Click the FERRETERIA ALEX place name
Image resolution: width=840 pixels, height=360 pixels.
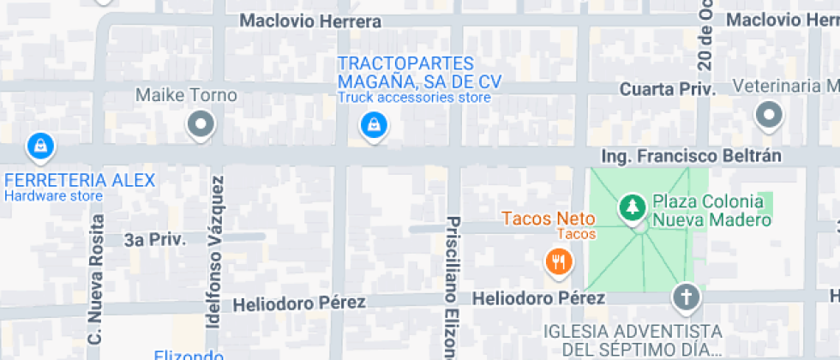pyautogui.click(x=80, y=181)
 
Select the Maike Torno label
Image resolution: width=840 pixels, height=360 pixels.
pyautogui.click(x=186, y=95)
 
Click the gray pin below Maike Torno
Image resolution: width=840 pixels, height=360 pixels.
pyautogui.click(x=201, y=124)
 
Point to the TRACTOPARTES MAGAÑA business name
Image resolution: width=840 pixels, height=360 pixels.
pyautogui.click(x=418, y=73)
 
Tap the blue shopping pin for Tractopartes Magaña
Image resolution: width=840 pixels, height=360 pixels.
pyautogui.click(x=373, y=126)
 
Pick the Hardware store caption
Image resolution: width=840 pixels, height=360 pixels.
pyautogui.click(x=53, y=195)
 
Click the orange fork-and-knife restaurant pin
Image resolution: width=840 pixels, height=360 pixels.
pyautogui.click(x=559, y=261)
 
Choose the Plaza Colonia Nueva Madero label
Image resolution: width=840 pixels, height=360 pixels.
pyautogui.click(x=708, y=211)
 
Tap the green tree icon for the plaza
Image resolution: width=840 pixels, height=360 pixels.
pyautogui.click(x=632, y=207)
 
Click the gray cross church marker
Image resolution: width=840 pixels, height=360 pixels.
pyautogui.click(x=686, y=297)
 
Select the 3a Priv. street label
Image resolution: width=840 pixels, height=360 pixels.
pyautogui.click(x=154, y=240)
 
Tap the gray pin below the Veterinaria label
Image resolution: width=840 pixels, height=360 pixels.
pyautogui.click(x=768, y=114)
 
